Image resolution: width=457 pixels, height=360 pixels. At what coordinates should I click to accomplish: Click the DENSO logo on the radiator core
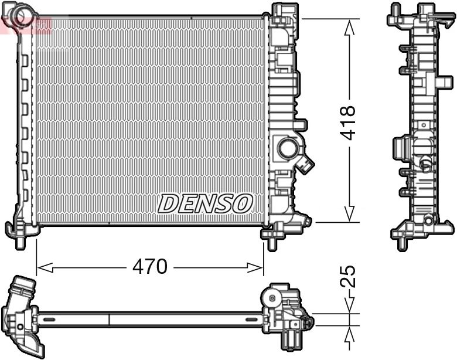[205, 203]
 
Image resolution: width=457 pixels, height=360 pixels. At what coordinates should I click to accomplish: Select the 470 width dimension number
[149, 267]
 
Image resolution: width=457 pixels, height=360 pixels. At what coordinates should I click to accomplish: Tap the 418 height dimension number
[348, 121]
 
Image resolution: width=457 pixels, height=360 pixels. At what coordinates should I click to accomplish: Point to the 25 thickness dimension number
[348, 277]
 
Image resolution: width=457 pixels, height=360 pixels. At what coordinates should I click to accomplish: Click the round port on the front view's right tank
[288, 148]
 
